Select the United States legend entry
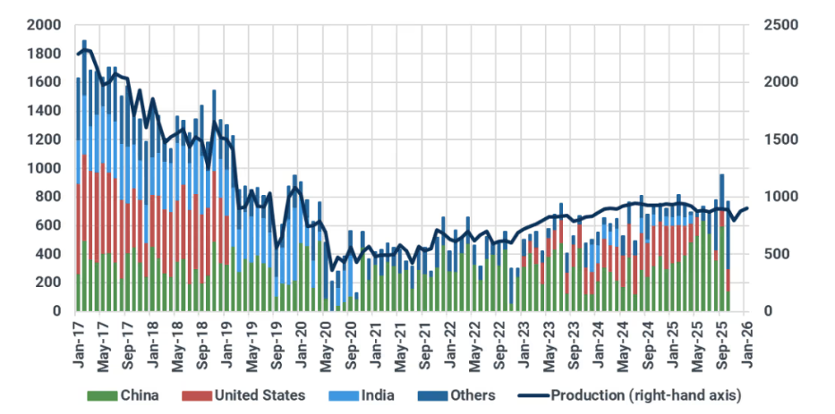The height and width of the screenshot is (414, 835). tap(257, 395)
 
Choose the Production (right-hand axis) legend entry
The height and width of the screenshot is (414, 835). tap(645, 395)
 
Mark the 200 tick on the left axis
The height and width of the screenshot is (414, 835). tap(47, 283)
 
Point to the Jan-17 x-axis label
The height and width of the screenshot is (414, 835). tap(79, 337)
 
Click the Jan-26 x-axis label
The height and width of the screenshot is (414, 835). tap(748, 337)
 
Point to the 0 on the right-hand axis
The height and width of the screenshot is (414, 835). tap(770, 311)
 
